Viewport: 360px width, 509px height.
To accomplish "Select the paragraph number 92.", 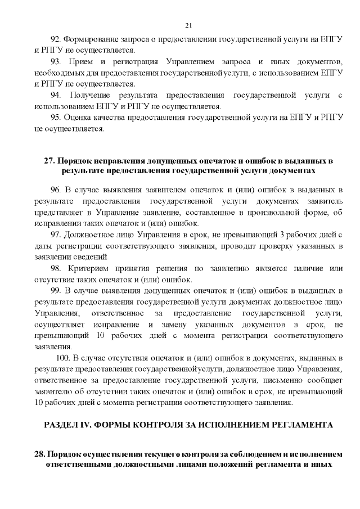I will [x=55, y=39].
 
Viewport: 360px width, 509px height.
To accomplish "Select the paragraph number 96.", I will [x=55, y=188].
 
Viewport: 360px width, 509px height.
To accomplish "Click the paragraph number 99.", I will [x=55, y=290].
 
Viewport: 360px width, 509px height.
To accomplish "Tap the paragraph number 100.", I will [x=63, y=358].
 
